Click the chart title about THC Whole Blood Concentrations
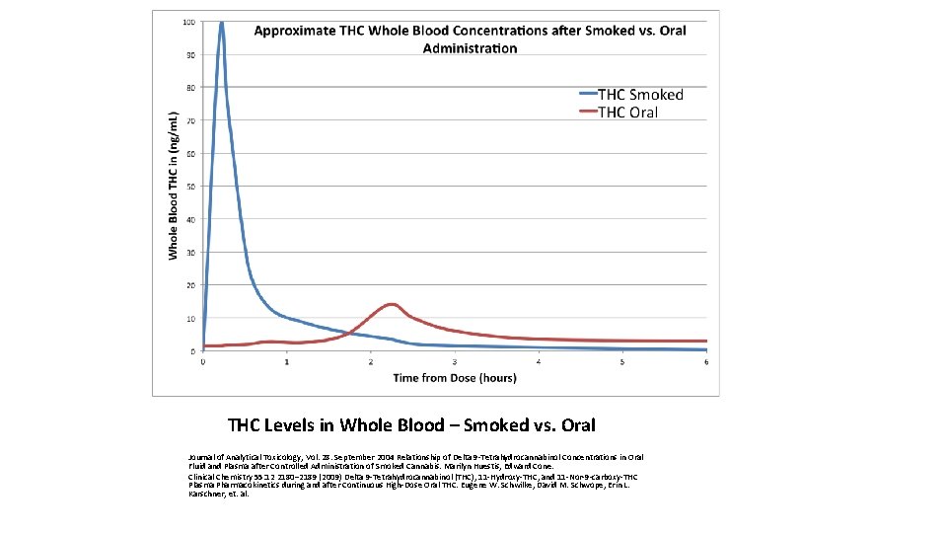pyautogui.click(x=470, y=39)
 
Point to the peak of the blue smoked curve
pyautogui.click(x=221, y=23)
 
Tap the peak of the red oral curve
pyautogui.click(x=392, y=304)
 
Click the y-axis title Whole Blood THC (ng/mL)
pyautogui.click(x=174, y=186)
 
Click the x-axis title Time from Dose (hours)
pyautogui.click(x=454, y=377)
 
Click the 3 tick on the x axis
pyautogui.click(x=455, y=362)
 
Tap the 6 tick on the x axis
pyautogui.click(x=706, y=362)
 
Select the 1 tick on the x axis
pyautogui.click(x=287, y=362)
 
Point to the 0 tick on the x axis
pyautogui.click(x=203, y=362)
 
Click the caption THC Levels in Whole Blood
pyautogui.click(x=411, y=425)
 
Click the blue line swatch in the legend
pyautogui.click(x=587, y=95)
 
